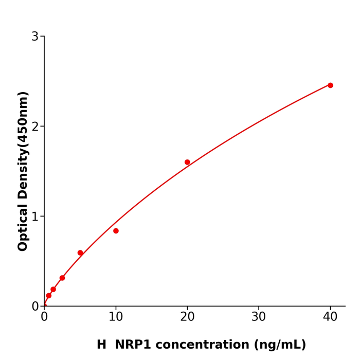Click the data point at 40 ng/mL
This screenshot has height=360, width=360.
[330, 85]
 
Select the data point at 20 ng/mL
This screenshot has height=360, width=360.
[187, 162]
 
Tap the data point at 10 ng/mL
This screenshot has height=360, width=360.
[116, 231]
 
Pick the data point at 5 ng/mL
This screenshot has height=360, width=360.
[80, 253]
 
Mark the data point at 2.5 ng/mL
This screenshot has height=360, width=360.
[62, 278]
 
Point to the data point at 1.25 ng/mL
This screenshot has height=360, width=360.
[53, 290]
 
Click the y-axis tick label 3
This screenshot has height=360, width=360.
[35, 37]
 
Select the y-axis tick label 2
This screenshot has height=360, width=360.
[35, 127]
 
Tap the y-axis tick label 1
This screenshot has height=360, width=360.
[35, 217]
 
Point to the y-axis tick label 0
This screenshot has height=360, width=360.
[35, 306]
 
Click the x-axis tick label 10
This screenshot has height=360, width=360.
[116, 317]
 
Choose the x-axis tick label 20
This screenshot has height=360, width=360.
[187, 317]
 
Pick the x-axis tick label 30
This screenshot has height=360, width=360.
[259, 317]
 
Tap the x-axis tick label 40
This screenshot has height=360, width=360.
[330, 317]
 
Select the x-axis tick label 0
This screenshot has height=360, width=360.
[44, 317]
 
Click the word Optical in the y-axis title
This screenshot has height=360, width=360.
[23, 226]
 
